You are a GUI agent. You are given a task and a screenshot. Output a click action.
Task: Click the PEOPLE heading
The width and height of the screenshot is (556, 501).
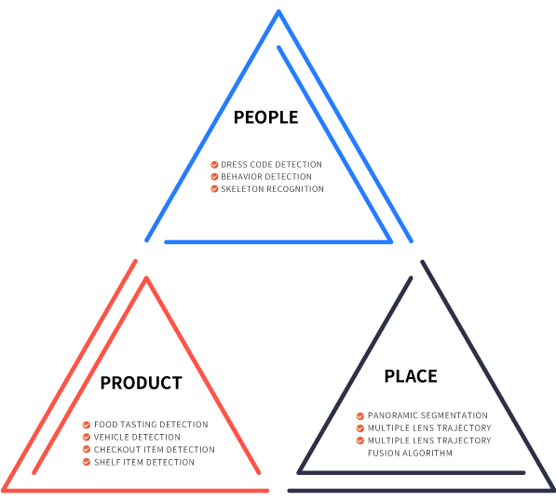pyautogui.click(x=265, y=117)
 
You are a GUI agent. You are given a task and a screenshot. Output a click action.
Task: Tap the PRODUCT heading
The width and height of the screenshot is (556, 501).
pyautogui.click(x=142, y=383)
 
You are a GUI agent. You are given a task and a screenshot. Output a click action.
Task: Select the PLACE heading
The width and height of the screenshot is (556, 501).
pyautogui.click(x=411, y=376)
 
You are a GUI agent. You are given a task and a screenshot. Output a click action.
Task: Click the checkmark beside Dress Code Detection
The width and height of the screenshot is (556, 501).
pyautogui.click(x=214, y=165)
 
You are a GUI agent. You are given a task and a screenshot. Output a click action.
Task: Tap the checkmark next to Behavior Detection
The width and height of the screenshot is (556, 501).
pyautogui.click(x=214, y=177)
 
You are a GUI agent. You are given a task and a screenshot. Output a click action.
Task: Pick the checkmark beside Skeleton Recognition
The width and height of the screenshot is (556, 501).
pyautogui.click(x=214, y=189)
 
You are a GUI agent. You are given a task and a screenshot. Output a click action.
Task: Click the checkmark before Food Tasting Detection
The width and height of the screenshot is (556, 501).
pyautogui.click(x=87, y=425)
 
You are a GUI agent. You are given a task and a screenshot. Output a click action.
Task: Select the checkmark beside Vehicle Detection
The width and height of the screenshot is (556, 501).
pyautogui.click(x=87, y=437)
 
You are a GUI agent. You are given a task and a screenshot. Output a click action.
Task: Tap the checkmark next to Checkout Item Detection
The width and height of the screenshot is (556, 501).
pyautogui.click(x=87, y=449)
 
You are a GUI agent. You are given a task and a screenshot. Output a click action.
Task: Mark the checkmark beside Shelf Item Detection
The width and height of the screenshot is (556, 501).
pyautogui.click(x=87, y=462)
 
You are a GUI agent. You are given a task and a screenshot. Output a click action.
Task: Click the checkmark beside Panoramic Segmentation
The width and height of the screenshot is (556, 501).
pyautogui.click(x=359, y=416)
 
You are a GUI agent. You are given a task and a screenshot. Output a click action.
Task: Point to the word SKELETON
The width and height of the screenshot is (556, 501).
pyautogui.click(x=242, y=189)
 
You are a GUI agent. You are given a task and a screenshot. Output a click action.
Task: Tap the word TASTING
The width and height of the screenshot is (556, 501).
pyautogui.click(x=135, y=425)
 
